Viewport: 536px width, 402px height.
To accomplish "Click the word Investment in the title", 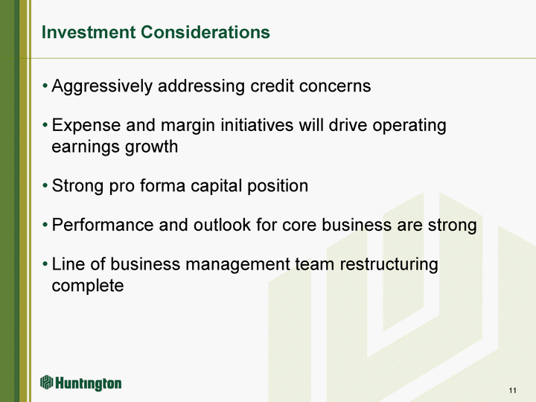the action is tap(89, 32).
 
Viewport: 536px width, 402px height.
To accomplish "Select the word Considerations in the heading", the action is tap(205, 32).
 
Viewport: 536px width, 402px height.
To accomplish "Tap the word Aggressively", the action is tap(102, 86).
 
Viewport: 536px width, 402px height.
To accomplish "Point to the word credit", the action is tap(272, 86).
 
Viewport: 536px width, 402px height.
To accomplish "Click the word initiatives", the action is tap(257, 125).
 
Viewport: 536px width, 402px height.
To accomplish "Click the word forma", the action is tap(163, 185).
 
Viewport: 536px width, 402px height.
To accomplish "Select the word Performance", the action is tap(103, 225).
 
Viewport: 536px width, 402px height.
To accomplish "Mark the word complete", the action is tap(88, 287).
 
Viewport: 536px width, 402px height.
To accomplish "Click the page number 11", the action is tap(512, 390).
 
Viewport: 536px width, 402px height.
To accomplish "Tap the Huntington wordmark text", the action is tap(88, 383).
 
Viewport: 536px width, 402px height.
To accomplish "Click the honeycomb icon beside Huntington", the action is tap(46, 382).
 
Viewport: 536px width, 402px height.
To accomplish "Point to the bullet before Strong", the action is tap(45, 186).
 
